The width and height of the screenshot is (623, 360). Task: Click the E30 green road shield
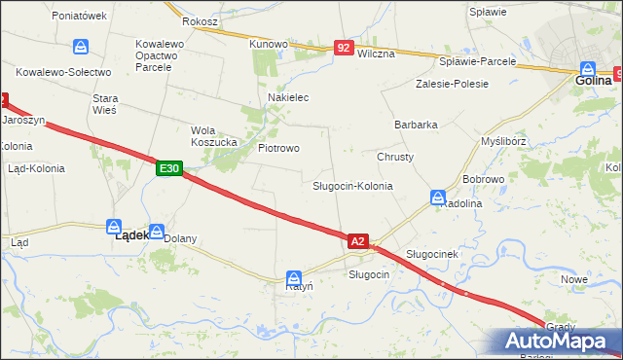tap(168, 168)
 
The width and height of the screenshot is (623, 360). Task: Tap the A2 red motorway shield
tap(357, 240)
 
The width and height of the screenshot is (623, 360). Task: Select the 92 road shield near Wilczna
tap(343, 47)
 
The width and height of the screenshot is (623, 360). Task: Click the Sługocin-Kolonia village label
tap(352, 185)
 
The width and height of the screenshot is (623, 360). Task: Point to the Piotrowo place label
tap(278, 148)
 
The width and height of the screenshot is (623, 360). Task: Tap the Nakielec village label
tap(288, 97)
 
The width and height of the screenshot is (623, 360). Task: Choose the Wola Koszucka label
tap(214, 135)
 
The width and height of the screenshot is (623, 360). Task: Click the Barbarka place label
tap(416, 125)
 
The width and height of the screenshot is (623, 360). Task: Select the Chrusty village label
tap(395, 157)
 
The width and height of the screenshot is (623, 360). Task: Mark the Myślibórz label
tap(504, 140)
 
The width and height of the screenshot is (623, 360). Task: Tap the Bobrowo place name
tap(483, 180)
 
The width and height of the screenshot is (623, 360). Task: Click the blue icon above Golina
tap(588, 69)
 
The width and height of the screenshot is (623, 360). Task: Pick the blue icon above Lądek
tap(114, 226)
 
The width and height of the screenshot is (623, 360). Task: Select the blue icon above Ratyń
tap(293, 276)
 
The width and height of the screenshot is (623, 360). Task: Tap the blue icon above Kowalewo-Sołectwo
tap(81, 47)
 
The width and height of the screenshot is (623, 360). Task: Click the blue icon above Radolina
tap(438, 198)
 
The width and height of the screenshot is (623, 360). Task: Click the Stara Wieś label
tap(104, 104)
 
